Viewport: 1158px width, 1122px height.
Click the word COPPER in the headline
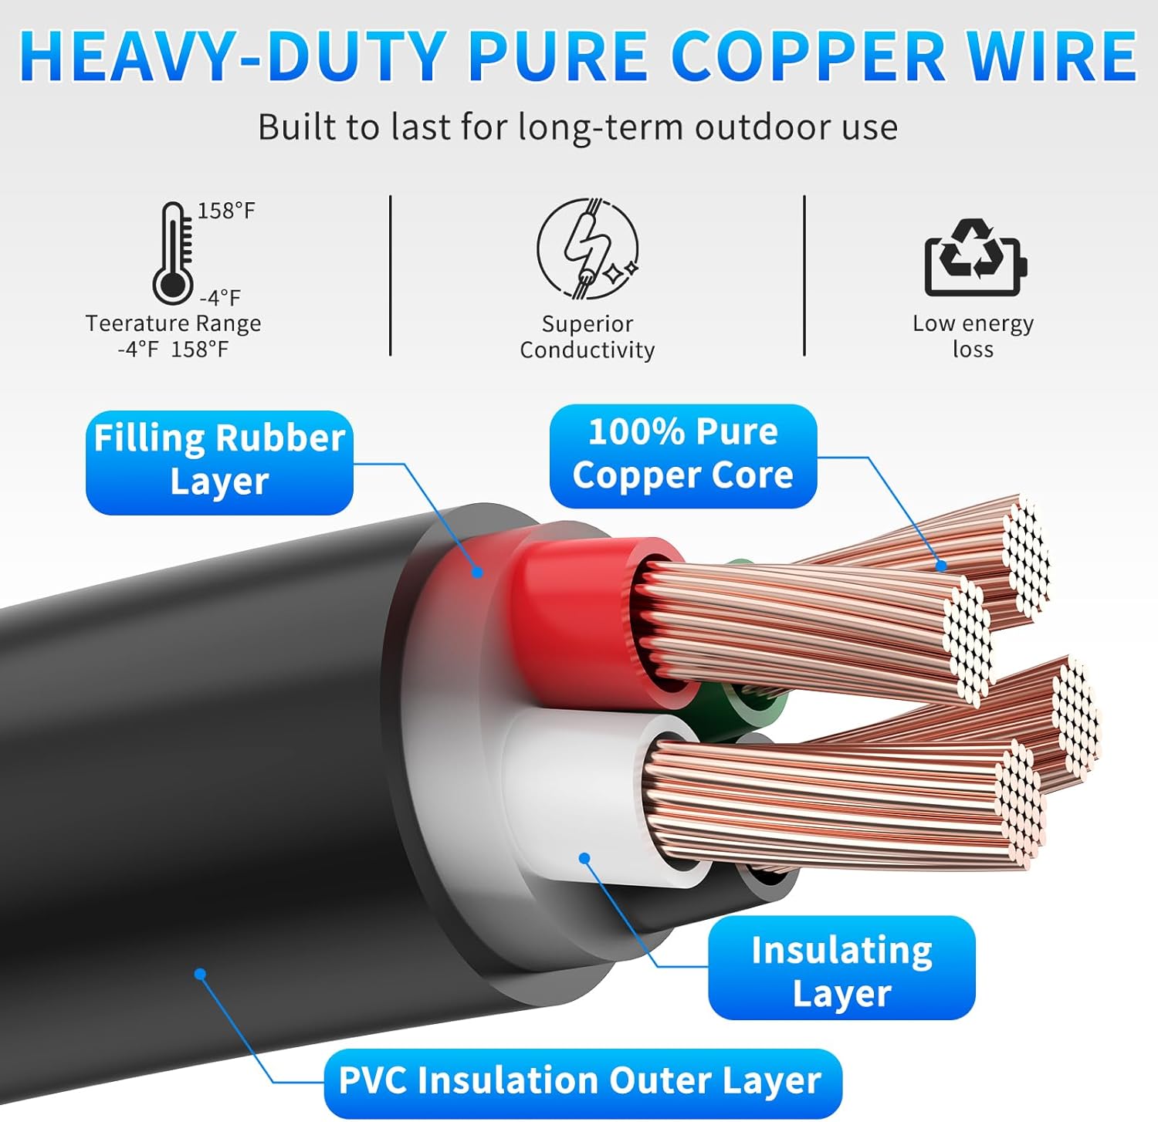click(808, 57)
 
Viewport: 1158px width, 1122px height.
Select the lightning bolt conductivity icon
click(587, 248)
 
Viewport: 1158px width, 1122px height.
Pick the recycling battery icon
click(976, 258)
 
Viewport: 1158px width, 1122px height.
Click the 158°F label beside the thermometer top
click(226, 211)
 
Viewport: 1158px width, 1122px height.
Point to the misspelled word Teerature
click(128, 323)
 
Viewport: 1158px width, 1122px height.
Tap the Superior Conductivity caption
click(587, 336)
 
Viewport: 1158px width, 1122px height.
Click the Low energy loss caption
click(973, 336)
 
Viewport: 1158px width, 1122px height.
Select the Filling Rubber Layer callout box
click(219, 461)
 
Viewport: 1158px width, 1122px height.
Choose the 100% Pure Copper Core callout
click(682, 455)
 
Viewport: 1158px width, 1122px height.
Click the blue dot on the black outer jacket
click(201, 974)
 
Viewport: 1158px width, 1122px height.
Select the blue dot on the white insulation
click(584, 858)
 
